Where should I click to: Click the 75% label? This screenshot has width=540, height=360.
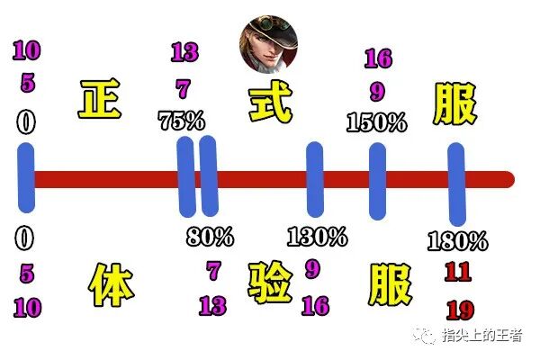click(180, 121)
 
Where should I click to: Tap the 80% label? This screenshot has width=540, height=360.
click(211, 238)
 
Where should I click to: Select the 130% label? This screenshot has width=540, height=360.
click(317, 237)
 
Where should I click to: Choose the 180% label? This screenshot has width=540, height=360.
click(458, 241)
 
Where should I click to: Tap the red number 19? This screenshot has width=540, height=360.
click(460, 310)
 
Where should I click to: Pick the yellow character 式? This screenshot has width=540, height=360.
click(271, 101)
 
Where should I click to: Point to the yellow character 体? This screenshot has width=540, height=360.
click(112, 286)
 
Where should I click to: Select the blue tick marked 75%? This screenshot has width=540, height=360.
click(186, 176)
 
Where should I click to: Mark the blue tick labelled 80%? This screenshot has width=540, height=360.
click(209, 176)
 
